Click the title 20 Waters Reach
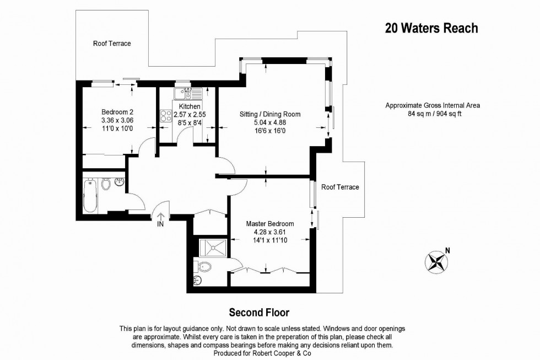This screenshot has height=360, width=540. click(x=431, y=28)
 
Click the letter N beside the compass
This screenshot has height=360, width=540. click(x=447, y=250)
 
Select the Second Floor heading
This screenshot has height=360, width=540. click(x=259, y=313)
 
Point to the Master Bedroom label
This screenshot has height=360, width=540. click(x=269, y=224)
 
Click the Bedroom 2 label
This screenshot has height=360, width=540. click(x=117, y=110)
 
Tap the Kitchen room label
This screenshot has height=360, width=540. click(x=190, y=106)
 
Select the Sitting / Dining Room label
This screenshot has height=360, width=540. click(x=269, y=114)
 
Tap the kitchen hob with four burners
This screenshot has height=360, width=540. click(x=165, y=115)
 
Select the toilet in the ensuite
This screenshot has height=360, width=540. click(x=204, y=267)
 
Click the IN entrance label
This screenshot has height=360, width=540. click(x=160, y=225)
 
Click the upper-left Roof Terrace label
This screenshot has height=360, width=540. click(x=112, y=44)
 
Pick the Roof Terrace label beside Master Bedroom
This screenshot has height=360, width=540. click(x=340, y=187)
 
